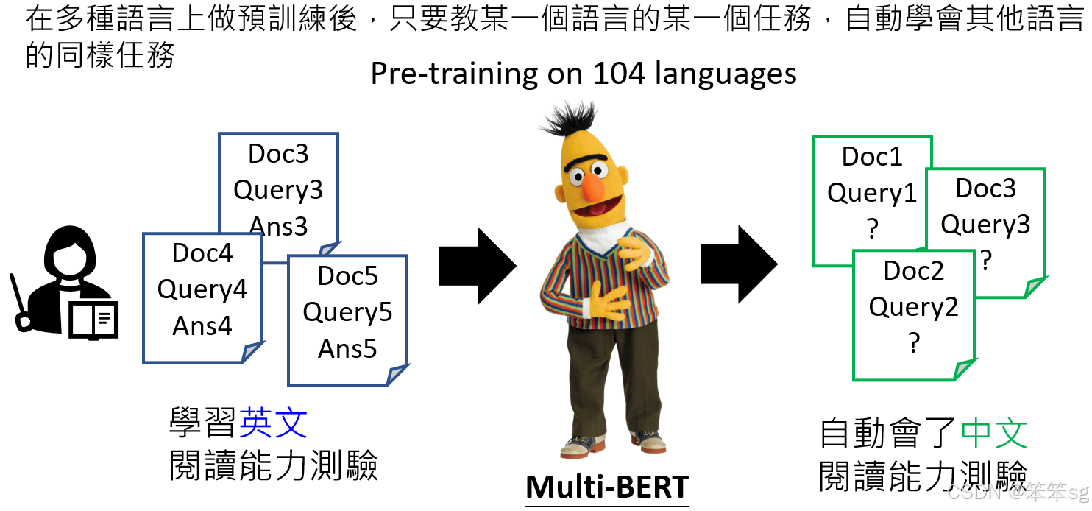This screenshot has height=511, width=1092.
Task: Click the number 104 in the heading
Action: pyautogui.click(x=620, y=74)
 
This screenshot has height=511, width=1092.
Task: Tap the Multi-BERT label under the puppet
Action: pyautogui.click(x=607, y=487)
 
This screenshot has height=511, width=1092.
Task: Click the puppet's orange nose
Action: pyautogui.click(x=593, y=187)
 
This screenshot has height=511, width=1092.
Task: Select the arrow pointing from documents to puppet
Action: pyautogui.click(x=478, y=266)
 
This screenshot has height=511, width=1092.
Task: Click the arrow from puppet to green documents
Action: pyautogui.click(x=739, y=264)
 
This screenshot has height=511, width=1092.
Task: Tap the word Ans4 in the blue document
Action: pyautogui.click(x=202, y=325)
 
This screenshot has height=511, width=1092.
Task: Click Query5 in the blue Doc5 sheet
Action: pyautogui.click(x=347, y=312)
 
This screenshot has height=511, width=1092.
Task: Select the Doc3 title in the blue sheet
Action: pyautogui.click(x=278, y=154)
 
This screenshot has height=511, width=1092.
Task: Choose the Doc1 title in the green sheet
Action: pyautogui.click(x=872, y=157)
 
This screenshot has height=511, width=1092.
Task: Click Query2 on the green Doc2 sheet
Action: pyautogui.click(x=914, y=307)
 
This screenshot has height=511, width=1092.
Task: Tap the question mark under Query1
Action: pyautogui.click(x=873, y=228)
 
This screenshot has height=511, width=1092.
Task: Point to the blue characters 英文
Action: pyautogui.click(x=273, y=423)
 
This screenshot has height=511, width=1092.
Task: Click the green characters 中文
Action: pyautogui.click(x=995, y=432)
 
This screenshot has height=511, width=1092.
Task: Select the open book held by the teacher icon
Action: pyautogui.click(x=93, y=320)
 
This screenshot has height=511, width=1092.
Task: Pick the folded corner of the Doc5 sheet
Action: pyautogui.click(x=397, y=375)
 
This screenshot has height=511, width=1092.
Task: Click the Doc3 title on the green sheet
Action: pyautogui.click(x=986, y=188)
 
